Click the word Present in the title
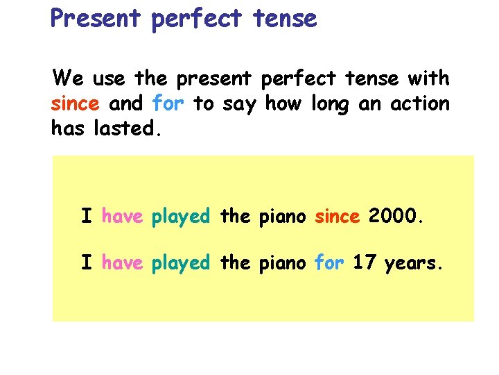point(96,18)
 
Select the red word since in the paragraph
point(75,104)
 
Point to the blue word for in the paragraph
point(167,104)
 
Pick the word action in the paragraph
point(419,104)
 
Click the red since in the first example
point(338,217)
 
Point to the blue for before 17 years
point(329,263)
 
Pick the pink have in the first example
point(122,217)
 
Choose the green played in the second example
point(180,264)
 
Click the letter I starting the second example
point(87,263)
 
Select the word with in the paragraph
point(429,78)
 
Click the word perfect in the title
point(195,19)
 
